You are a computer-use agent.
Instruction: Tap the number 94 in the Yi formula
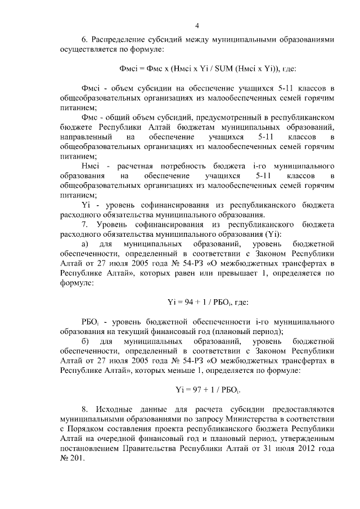click(x=192, y=302)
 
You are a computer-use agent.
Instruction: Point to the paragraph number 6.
click(x=84, y=40)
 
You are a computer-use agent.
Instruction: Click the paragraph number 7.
click(x=84, y=225)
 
